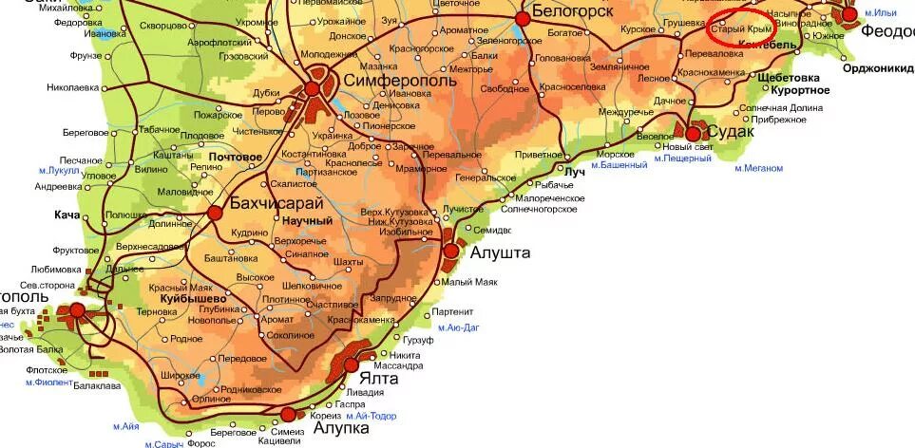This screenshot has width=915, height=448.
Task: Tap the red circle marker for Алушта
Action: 451,251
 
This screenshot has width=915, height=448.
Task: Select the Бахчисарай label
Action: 276,202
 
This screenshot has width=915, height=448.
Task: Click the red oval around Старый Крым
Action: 744,28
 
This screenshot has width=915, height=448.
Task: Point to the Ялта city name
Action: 378,378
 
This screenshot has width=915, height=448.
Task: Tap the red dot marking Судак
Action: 693,134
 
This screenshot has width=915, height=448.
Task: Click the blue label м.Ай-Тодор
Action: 372,416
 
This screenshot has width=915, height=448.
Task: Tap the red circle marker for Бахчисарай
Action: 216,213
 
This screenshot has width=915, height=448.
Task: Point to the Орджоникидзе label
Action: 876,67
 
